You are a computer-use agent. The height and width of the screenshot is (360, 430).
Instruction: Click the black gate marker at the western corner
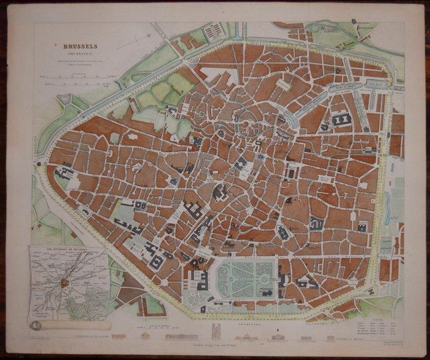pyautogui.click(x=39, y=164)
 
